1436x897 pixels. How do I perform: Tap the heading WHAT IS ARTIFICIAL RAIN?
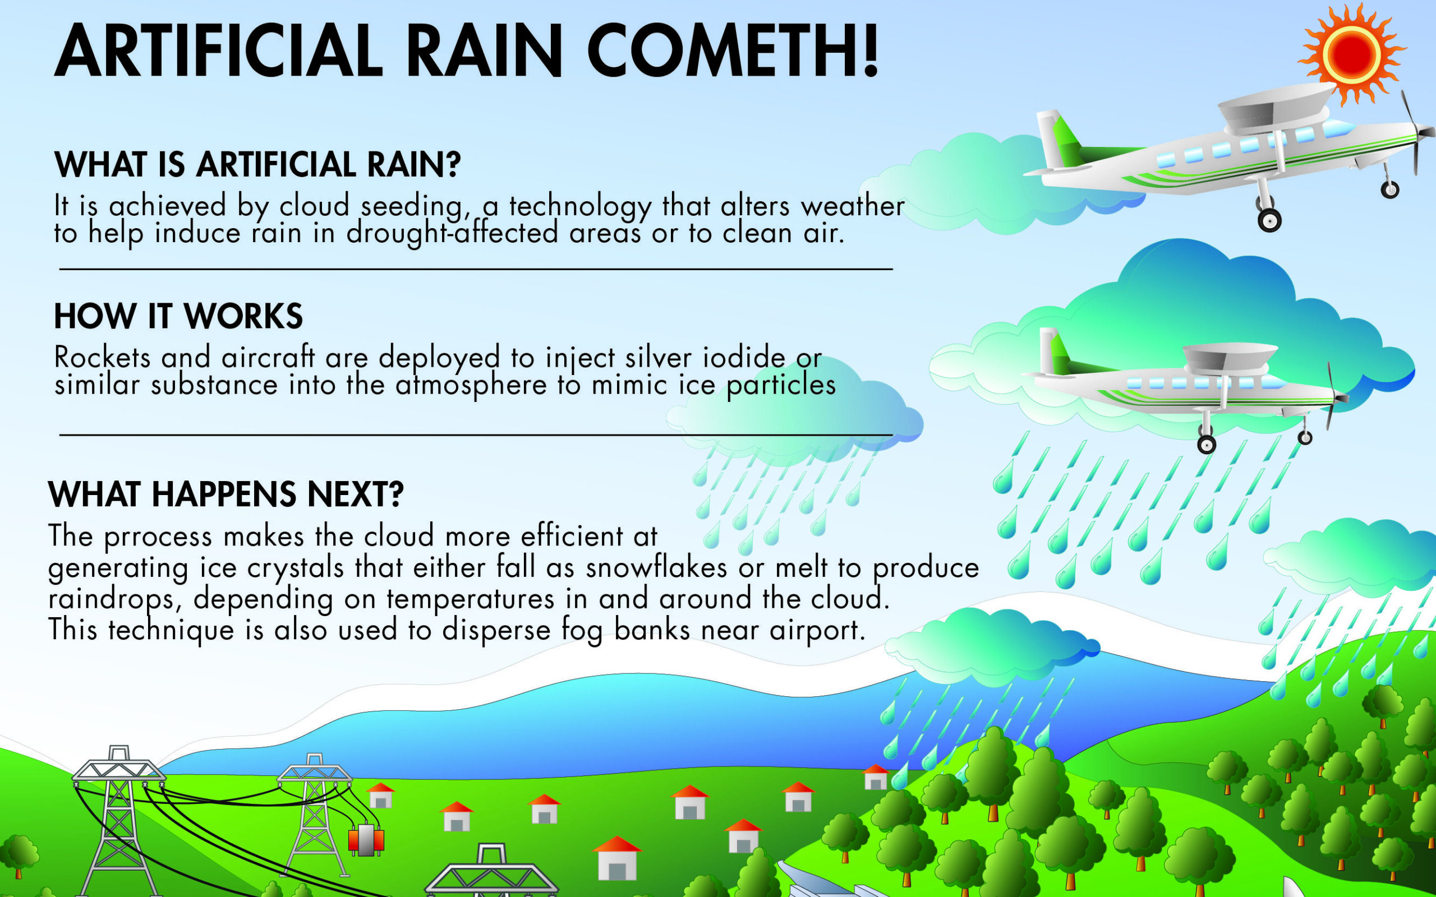(257, 164)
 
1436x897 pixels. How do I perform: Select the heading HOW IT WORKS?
(178, 316)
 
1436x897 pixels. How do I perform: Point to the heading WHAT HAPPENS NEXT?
(225, 493)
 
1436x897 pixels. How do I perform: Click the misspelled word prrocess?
(158, 537)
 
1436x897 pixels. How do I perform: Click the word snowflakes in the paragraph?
(656, 567)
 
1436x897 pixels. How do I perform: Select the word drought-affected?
(452, 233)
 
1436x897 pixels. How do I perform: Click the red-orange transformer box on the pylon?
(366, 839)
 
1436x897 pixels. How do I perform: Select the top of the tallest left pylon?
(118, 753)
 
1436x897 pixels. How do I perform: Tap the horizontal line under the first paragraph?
(475, 269)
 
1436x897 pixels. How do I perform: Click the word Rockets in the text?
(102, 357)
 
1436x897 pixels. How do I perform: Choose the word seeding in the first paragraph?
(411, 206)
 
